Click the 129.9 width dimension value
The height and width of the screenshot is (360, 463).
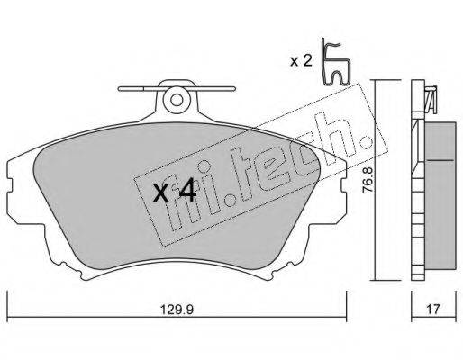click(x=177, y=310)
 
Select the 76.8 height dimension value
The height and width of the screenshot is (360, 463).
click(x=368, y=179)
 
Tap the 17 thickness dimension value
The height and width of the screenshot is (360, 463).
click(x=433, y=309)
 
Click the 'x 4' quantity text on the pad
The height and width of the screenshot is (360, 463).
click(x=174, y=193)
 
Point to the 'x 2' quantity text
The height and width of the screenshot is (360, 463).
click(x=301, y=61)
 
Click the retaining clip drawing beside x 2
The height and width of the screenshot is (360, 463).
click(x=335, y=61)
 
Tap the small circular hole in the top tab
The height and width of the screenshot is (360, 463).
click(x=177, y=100)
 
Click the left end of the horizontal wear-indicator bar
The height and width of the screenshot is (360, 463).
click(x=119, y=88)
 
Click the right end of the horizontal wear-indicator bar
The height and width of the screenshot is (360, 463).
click(x=234, y=88)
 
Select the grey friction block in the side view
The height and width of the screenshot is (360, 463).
click(x=440, y=195)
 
